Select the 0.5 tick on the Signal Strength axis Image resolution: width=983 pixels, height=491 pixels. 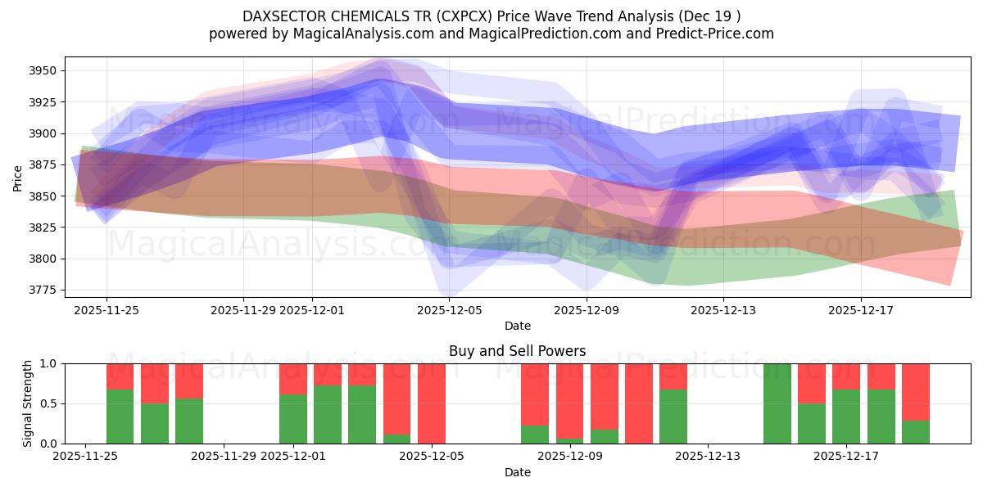tap(49, 403)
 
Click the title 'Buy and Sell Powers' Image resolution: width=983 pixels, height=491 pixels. tap(517, 351)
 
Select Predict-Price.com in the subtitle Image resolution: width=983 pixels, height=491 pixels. tap(718, 34)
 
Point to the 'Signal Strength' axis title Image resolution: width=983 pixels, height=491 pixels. tap(28, 403)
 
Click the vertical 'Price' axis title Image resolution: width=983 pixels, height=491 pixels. tap(18, 177)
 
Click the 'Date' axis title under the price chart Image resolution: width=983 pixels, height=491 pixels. tap(517, 326)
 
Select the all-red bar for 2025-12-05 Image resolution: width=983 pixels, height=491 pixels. tap(432, 403)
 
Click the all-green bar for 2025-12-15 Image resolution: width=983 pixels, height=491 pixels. tap(777, 403)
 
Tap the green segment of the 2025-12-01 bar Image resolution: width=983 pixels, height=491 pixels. tap(293, 419)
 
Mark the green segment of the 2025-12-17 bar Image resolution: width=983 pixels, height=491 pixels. tap(846, 417)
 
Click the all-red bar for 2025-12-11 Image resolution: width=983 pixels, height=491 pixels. tap(639, 403)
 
